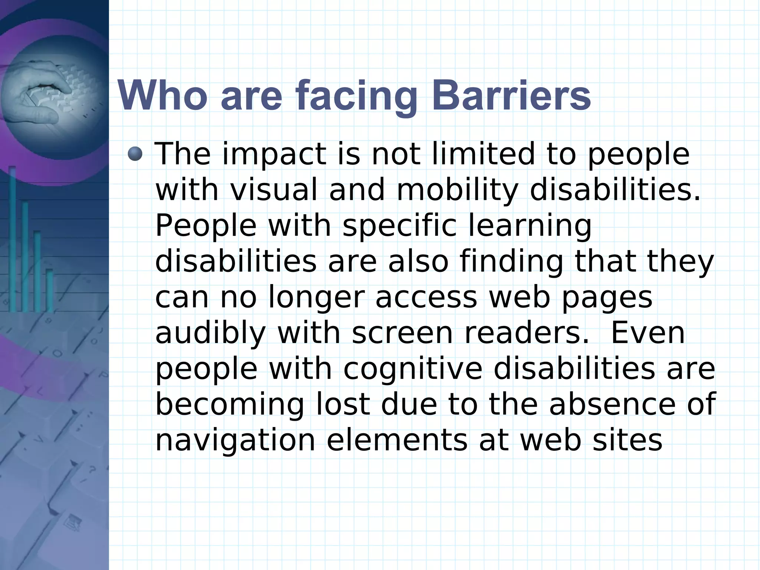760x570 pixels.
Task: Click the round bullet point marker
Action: [x=135, y=154]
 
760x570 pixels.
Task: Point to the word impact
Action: [x=274, y=154]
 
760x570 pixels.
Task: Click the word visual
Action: [x=274, y=189]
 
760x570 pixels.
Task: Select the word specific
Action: [x=399, y=226]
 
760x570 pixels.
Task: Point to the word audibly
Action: [x=210, y=333]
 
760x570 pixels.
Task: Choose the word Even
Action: [x=648, y=333]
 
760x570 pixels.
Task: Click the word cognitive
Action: [x=413, y=369]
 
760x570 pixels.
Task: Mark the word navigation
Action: [x=235, y=440]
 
